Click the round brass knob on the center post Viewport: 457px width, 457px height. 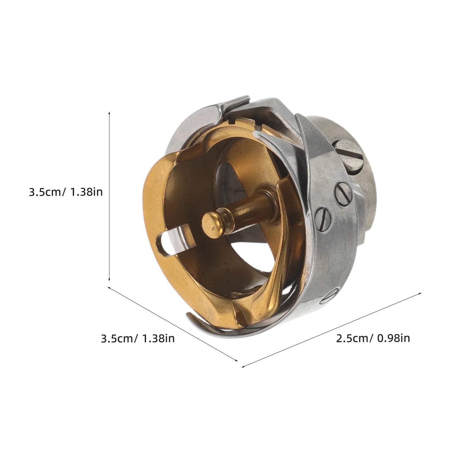click(211, 223)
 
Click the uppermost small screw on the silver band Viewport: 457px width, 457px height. click(343, 194)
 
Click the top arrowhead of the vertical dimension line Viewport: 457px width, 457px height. click(109, 113)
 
